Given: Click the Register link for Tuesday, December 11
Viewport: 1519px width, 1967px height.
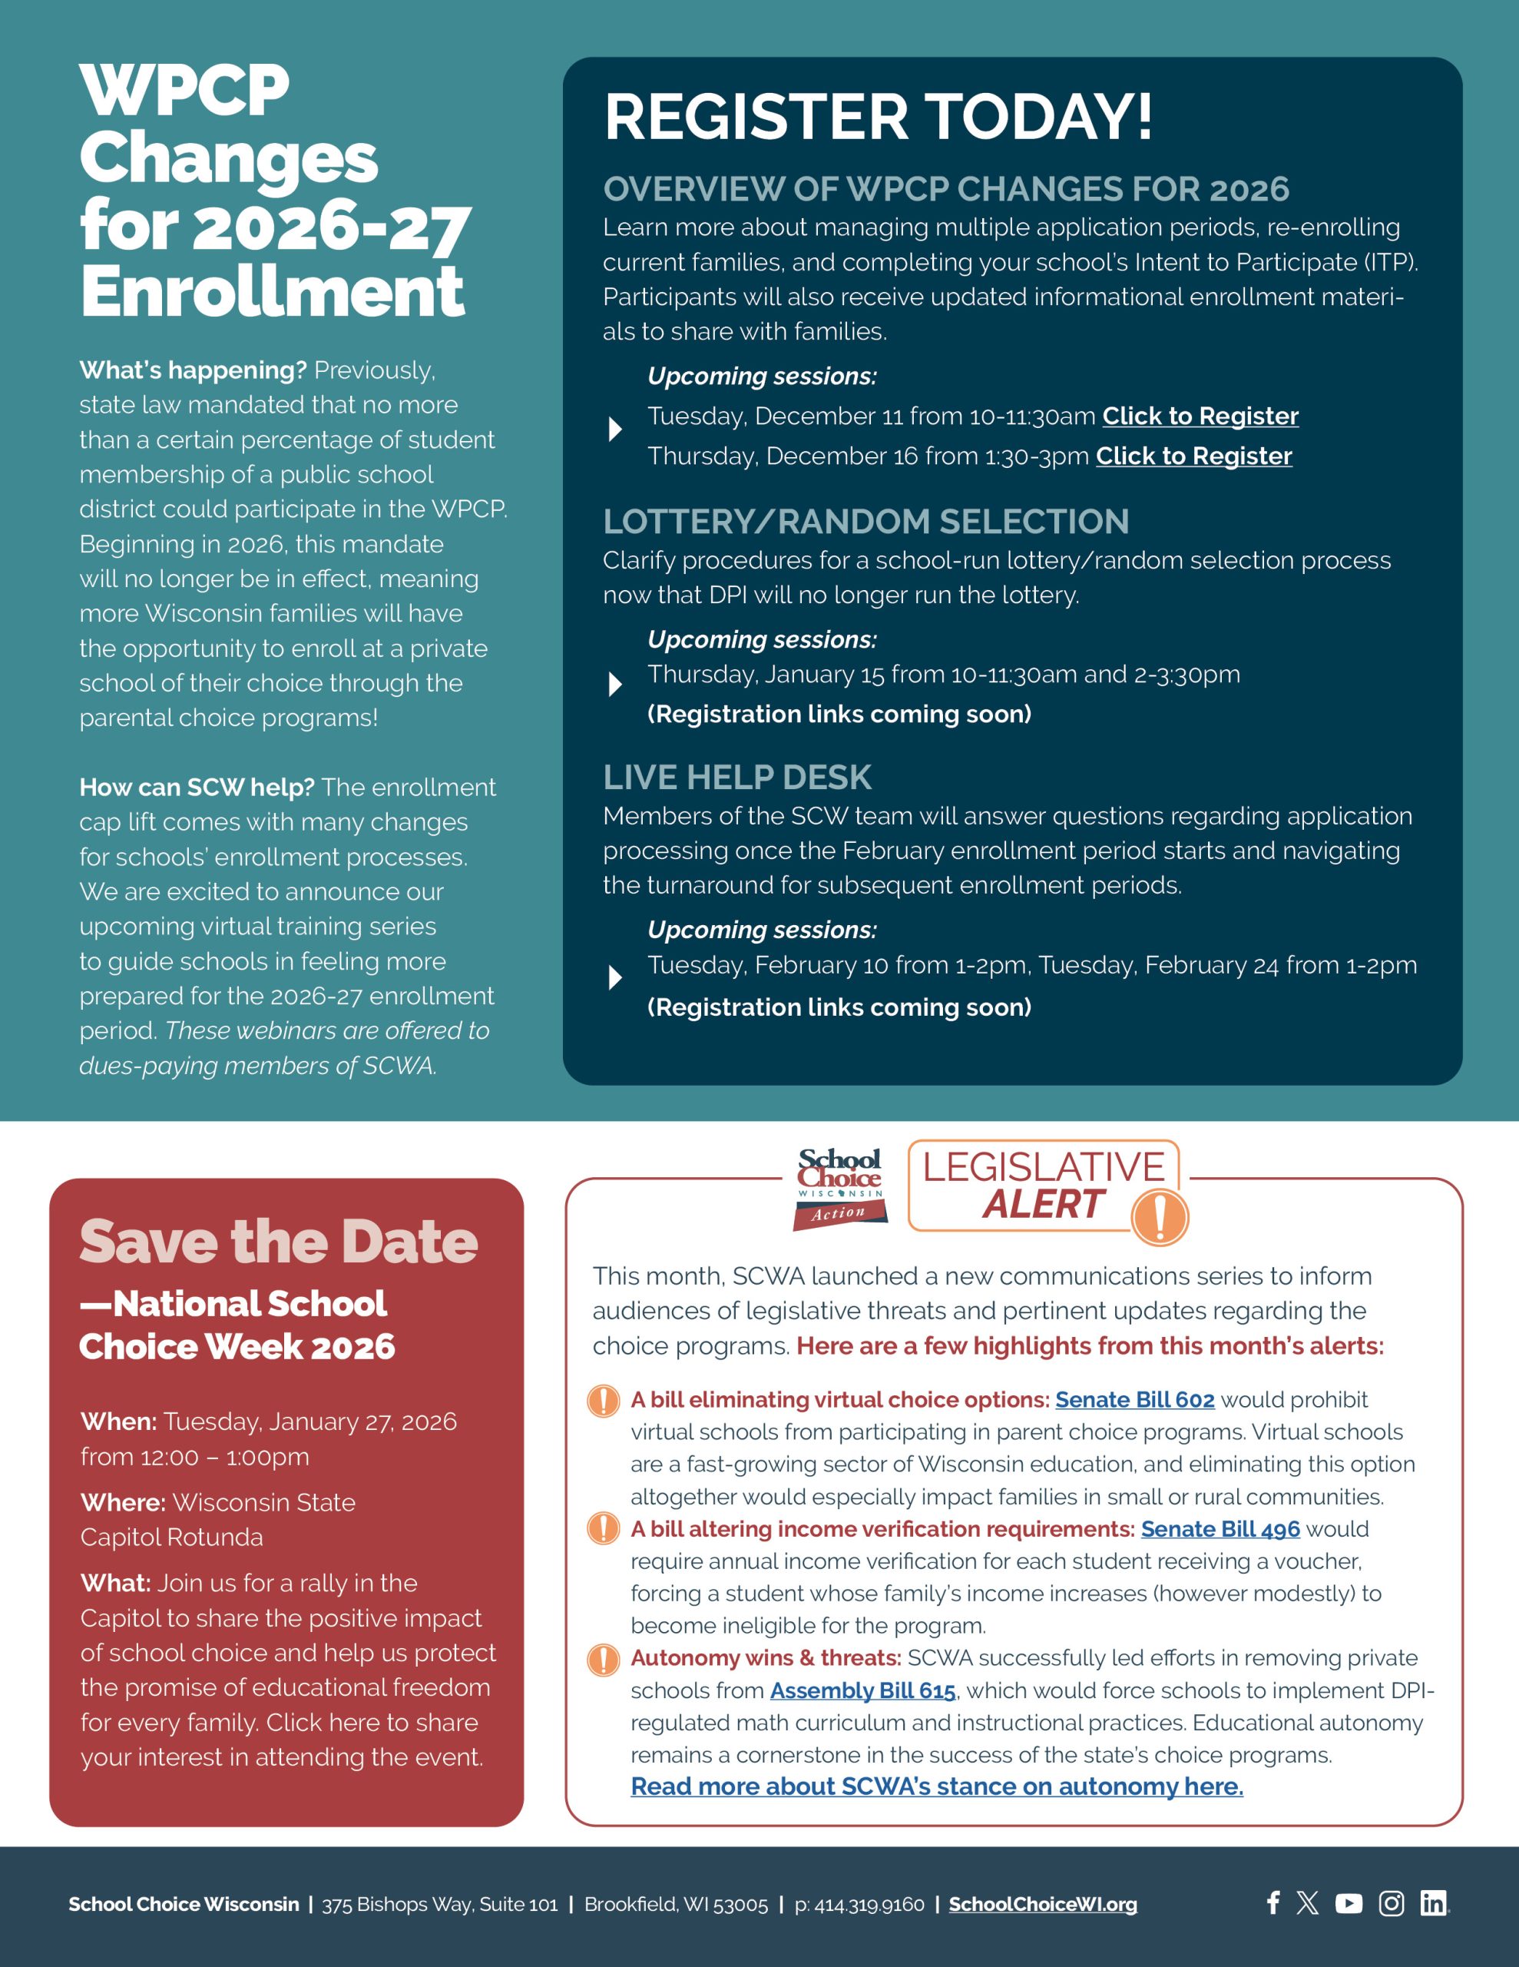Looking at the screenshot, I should pyautogui.click(x=1200, y=416).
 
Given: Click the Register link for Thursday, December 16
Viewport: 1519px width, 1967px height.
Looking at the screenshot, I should pyautogui.click(x=1193, y=456).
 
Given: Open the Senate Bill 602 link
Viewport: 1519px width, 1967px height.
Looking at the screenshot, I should pyautogui.click(x=1134, y=1400).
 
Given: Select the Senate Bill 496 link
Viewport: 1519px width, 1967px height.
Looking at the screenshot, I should pyautogui.click(x=1220, y=1528).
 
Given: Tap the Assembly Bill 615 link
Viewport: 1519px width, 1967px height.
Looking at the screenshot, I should pyautogui.click(x=862, y=1690).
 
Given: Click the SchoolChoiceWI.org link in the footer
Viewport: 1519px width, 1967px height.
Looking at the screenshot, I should pyautogui.click(x=1043, y=1904).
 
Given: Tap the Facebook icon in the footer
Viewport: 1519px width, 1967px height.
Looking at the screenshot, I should pyautogui.click(x=1272, y=1903).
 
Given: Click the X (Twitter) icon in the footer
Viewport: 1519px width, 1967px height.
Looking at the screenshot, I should pyautogui.click(x=1307, y=1903).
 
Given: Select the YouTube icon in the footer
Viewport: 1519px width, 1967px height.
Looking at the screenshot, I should pyautogui.click(x=1348, y=1903).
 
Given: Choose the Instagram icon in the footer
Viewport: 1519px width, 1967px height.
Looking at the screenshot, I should pyautogui.click(x=1392, y=1903).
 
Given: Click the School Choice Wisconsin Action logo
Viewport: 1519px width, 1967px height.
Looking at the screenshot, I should pyautogui.click(x=839, y=1189).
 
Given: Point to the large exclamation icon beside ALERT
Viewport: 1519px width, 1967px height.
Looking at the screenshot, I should pyautogui.click(x=1159, y=1217).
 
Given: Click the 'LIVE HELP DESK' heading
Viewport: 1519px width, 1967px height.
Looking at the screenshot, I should pyautogui.click(x=736, y=778).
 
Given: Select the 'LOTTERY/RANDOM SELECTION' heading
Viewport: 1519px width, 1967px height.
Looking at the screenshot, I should pyautogui.click(x=865, y=522).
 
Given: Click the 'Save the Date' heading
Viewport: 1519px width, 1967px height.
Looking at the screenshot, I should pyautogui.click(x=278, y=1242).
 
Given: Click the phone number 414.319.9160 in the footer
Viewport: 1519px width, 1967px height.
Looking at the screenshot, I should pyautogui.click(x=859, y=1904).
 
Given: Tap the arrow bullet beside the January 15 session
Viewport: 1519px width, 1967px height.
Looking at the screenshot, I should pyautogui.click(x=615, y=685).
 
